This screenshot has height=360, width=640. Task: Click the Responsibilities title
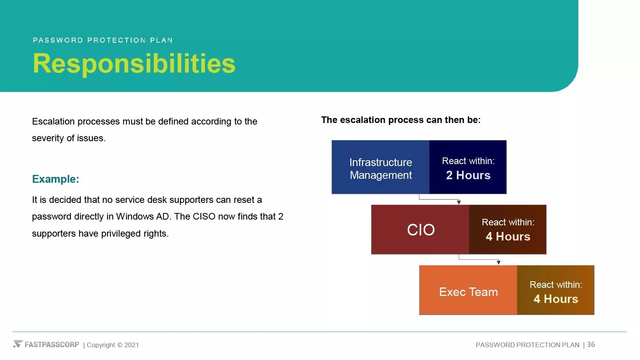[134, 64]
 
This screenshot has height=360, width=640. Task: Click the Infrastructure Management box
[380, 167]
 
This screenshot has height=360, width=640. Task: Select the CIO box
[420, 229]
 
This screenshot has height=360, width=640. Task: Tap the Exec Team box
[468, 290]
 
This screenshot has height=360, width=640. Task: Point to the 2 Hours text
[468, 175]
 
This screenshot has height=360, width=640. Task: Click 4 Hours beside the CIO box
[508, 237]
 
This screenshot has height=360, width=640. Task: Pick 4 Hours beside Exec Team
[556, 299]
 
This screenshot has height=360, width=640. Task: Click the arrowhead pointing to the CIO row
[458, 202]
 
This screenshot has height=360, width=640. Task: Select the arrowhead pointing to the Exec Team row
[498, 262]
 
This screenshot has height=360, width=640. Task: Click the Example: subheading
[55, 179]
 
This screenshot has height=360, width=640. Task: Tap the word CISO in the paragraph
[204, 216]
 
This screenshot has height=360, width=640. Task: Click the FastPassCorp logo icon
[18, 344]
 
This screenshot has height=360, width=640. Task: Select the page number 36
[591, 344]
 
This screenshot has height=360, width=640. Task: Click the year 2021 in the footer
[131, 345]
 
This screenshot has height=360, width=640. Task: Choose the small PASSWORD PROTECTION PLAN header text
[103, 40]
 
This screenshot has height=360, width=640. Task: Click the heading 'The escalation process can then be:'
[401, 120]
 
